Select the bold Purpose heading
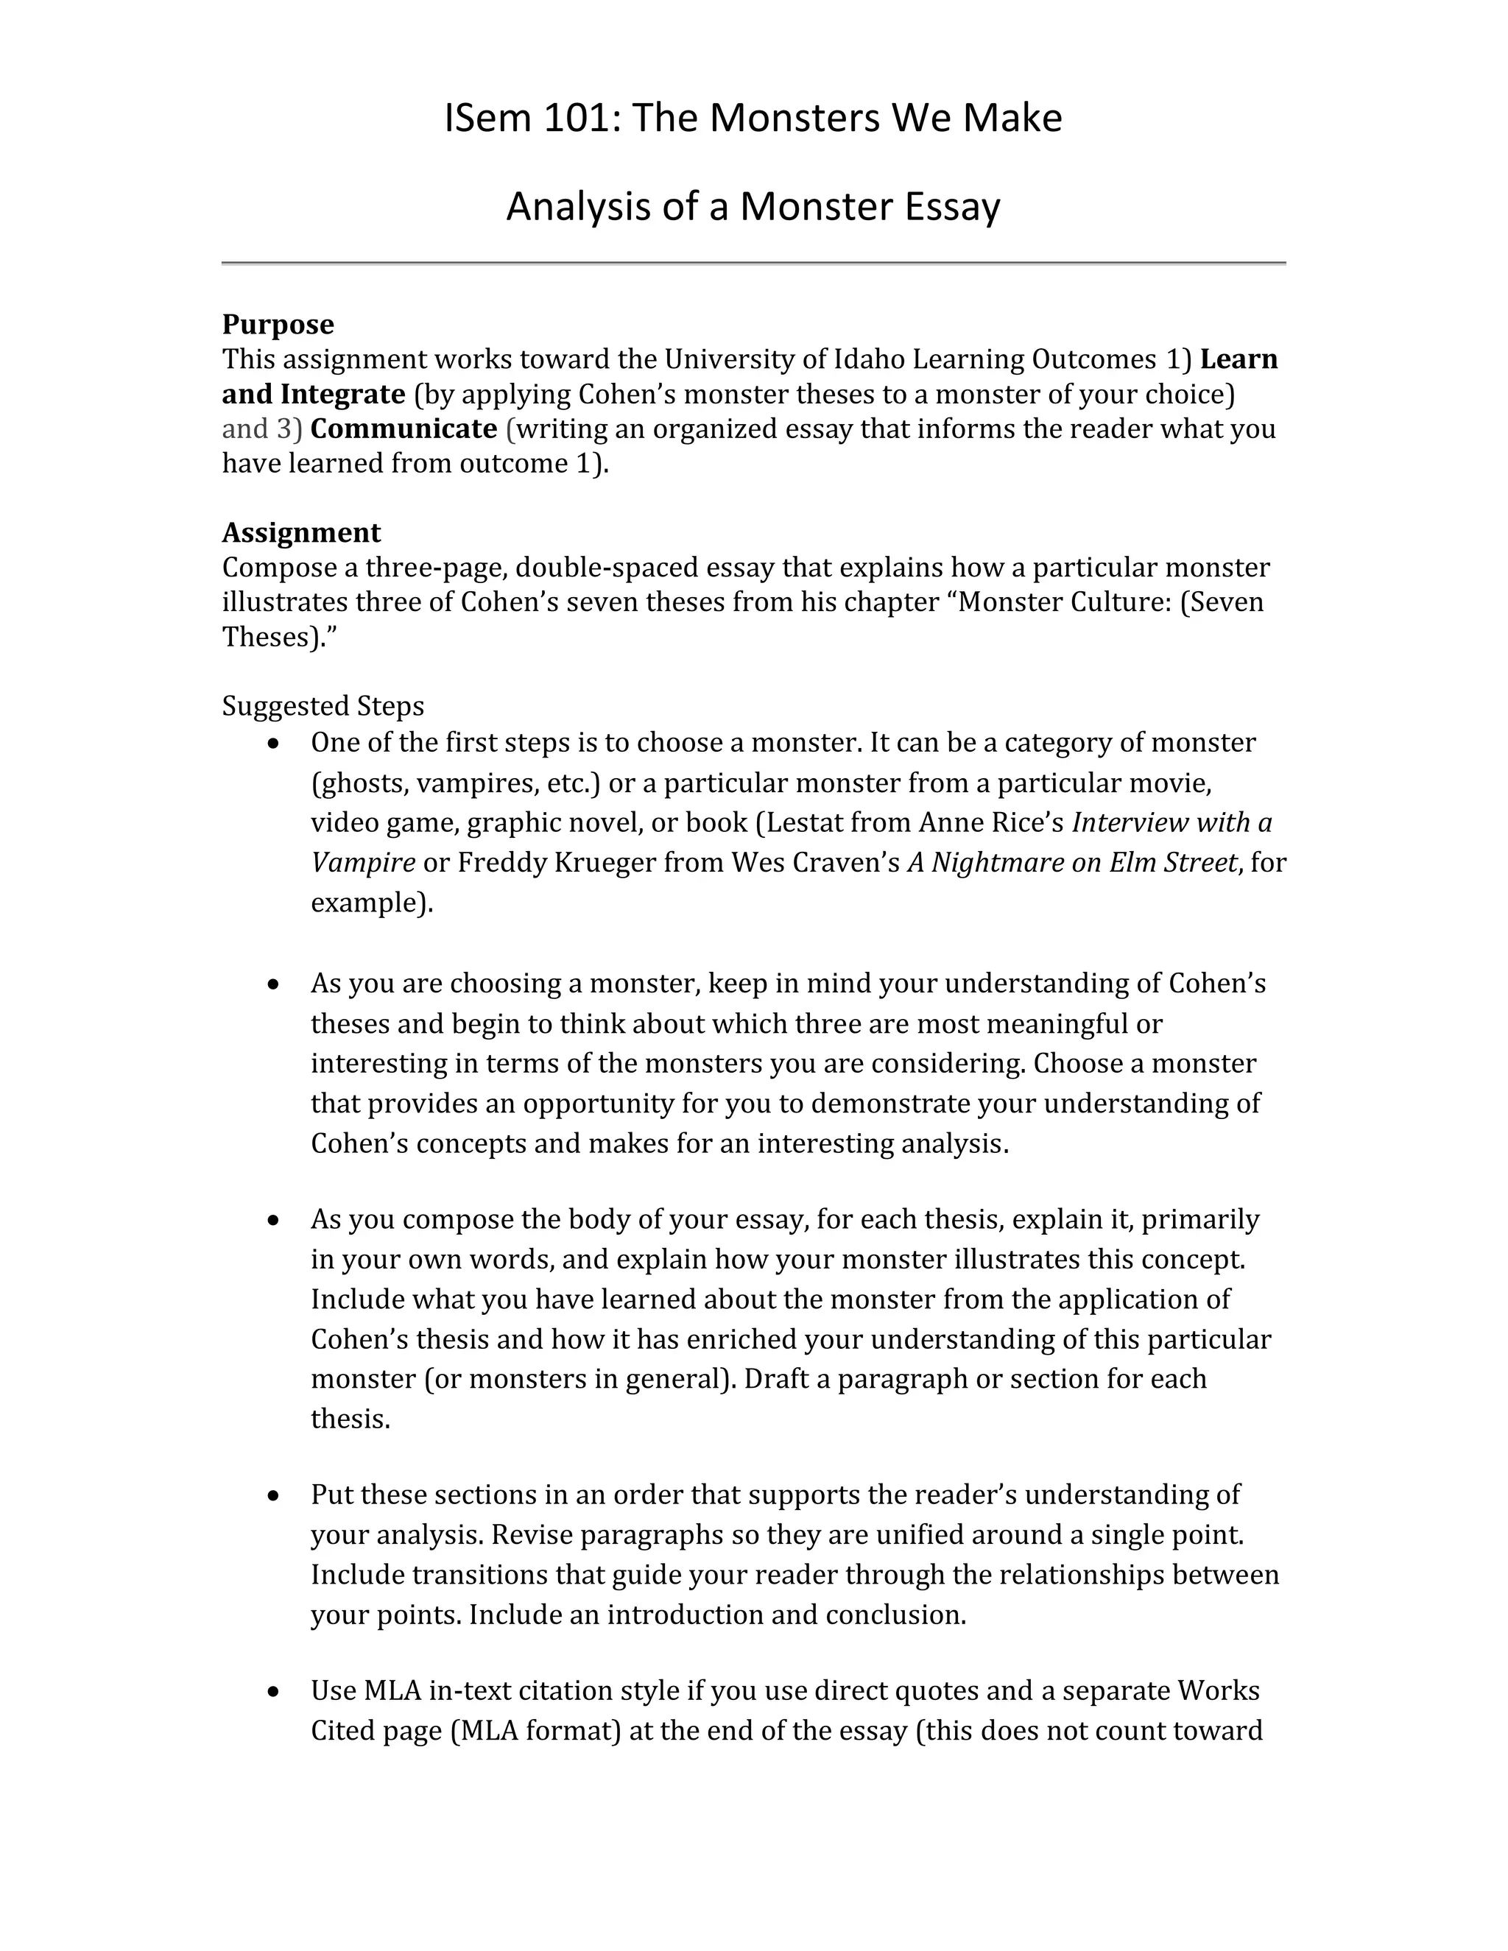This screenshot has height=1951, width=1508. click(x=278, y=323)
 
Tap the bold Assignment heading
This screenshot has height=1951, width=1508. click(x=301, y=532)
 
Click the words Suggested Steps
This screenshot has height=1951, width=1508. click(x=323, y=706)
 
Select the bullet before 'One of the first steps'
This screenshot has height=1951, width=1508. click(x=274, y=744)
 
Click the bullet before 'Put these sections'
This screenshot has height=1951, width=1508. click(x=274, y=1495)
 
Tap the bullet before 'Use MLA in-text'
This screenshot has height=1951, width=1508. click(x=274, y=1692)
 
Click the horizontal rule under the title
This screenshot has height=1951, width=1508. click(x=753, y=263)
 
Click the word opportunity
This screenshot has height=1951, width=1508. click(x=598, y=1104)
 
